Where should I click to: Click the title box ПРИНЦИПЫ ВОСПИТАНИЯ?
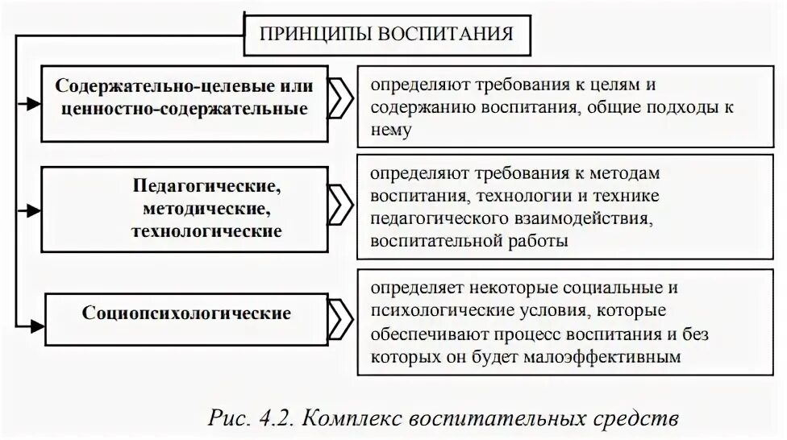click(x=386, y=35)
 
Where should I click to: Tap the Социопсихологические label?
click(x=186, y=313)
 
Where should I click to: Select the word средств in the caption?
click(x=648, y=419)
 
